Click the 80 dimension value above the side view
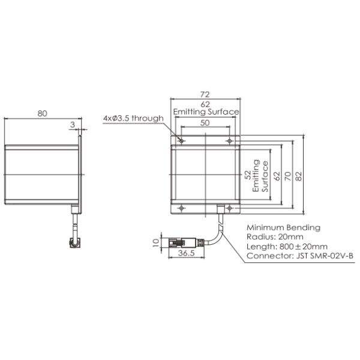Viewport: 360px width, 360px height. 41,113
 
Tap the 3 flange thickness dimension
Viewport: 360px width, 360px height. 73,125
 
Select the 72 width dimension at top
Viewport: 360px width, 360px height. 205,95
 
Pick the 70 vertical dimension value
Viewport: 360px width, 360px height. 287,175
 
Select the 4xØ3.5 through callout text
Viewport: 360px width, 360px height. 133,118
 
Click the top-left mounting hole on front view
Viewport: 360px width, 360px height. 182,142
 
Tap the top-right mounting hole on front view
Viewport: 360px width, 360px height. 229,142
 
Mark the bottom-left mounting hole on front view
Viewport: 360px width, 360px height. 182,208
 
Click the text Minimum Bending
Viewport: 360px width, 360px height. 283,227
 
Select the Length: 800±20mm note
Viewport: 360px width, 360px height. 287,247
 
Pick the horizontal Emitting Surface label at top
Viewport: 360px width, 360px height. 206,112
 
